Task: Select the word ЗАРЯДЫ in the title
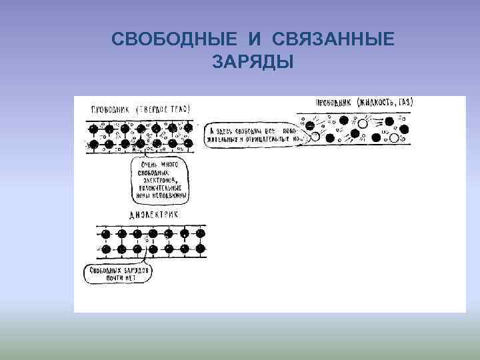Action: [x=253, y=62]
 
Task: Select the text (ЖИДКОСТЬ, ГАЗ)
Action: [x=385, y=103]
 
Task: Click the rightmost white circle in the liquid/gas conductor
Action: [x=394, y=138]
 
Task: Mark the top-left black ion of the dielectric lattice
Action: [x=106, y=233]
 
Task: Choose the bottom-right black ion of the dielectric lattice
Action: [x=199, y=249]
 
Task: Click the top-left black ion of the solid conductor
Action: [x=93, y=128]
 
